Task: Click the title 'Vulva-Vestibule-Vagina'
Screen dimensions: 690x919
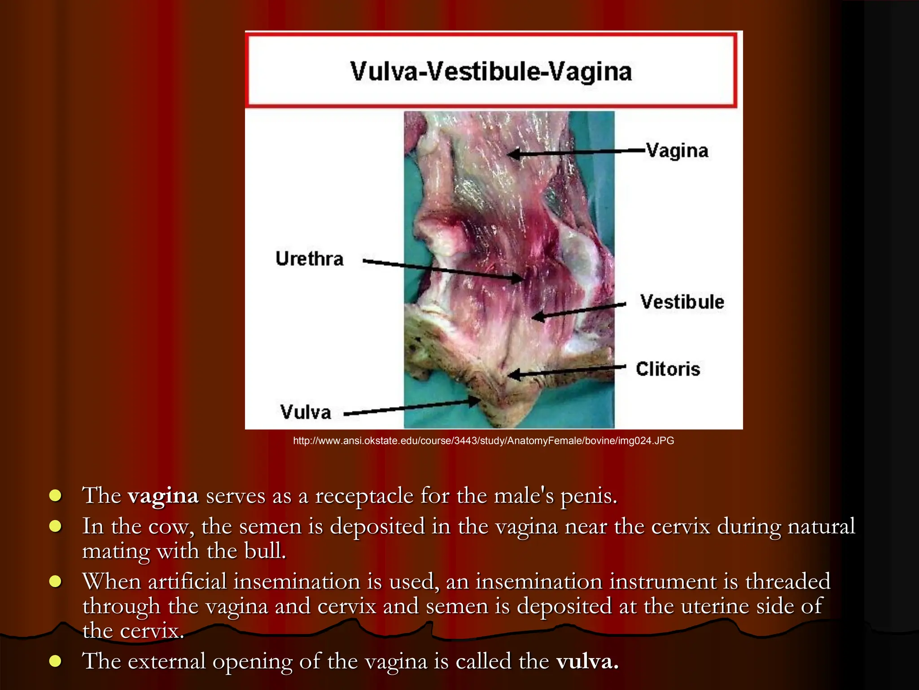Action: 491,71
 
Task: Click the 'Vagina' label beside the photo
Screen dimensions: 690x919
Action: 677,151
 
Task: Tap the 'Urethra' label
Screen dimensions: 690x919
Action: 310,259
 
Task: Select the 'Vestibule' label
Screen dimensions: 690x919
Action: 682,302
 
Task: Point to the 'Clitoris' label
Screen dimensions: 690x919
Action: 668,369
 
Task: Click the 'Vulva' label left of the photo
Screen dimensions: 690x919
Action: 306,412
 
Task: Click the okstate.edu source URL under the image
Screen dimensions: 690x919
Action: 483,441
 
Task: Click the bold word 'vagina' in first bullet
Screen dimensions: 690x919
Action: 163,496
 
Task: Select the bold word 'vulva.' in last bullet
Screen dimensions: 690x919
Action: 587,661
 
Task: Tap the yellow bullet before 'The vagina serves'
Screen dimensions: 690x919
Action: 55,496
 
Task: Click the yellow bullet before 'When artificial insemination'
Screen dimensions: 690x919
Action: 55,582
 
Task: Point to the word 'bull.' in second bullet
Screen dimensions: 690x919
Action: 265,551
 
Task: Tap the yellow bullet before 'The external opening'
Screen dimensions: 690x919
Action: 55,661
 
